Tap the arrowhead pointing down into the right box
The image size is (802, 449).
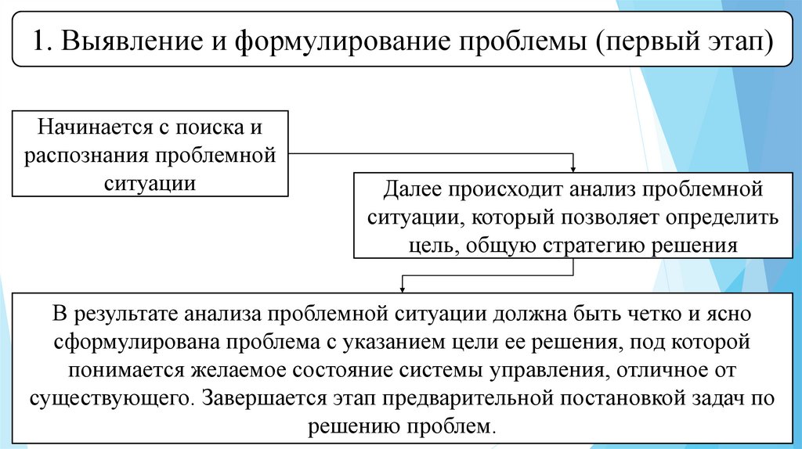point(573,168)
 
